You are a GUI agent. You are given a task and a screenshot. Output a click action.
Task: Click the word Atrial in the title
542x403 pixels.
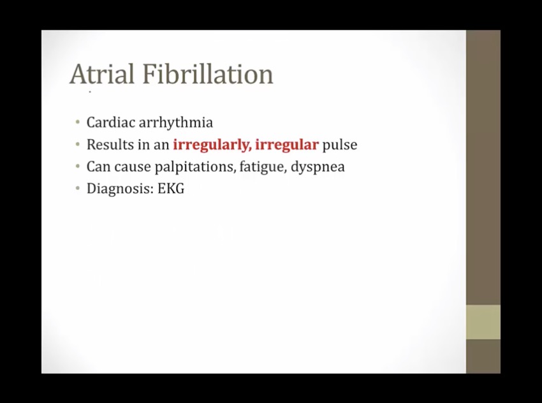(102, 73)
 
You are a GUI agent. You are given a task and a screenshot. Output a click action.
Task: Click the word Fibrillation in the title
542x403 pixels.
(208, 73)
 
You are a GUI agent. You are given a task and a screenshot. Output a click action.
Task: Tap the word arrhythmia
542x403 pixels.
(176, 123)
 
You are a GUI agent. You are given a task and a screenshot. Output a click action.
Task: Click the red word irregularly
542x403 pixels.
(212, 145)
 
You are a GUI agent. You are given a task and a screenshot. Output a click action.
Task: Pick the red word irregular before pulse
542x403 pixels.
(287, 145)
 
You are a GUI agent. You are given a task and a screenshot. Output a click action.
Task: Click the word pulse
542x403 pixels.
(340, 145)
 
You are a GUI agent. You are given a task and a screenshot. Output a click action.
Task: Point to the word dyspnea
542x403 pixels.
(318, 167)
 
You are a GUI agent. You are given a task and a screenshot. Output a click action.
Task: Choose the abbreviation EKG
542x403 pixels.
(171, 189)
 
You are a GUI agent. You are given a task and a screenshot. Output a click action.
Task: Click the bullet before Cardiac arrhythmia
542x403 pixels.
(78, 122)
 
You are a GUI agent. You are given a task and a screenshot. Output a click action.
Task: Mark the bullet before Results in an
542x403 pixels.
(78, 144)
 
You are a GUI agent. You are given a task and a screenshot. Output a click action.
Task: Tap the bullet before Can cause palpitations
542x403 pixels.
(78, 166)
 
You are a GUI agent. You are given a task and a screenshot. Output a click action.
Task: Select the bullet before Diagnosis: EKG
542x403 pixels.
(78, 188)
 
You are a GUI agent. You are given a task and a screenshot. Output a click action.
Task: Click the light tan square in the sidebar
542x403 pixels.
(483, 322)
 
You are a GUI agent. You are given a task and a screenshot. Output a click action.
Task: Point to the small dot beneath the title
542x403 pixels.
(90, 92)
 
